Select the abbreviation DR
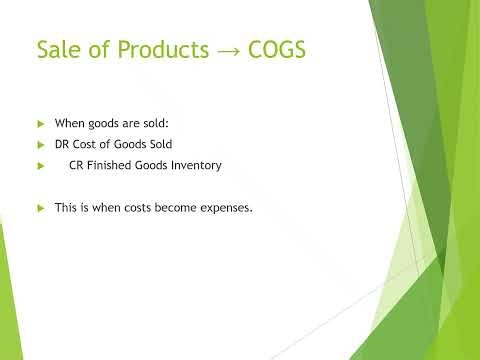coord(62,144)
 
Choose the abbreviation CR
coord(75,165)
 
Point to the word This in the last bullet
coord(65,207)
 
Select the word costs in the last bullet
coord(133,207)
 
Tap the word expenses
coord(227,207)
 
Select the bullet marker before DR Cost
coord(41,144)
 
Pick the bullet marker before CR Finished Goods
coord(41,165)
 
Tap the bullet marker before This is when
coord(41,207)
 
